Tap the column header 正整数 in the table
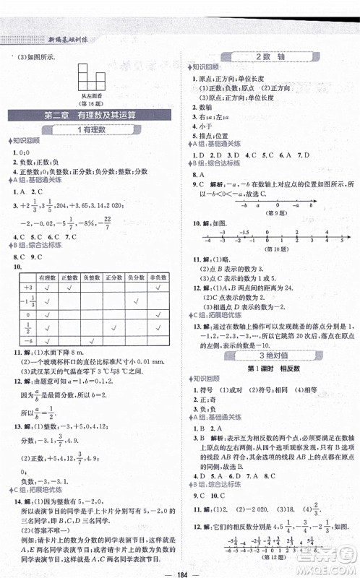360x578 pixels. pyautogui.click(x=72, y=277)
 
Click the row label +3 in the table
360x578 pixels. pyautogui.click(x=27, y=287)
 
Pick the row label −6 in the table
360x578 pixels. pyautogui.click(x=27, y=342)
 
